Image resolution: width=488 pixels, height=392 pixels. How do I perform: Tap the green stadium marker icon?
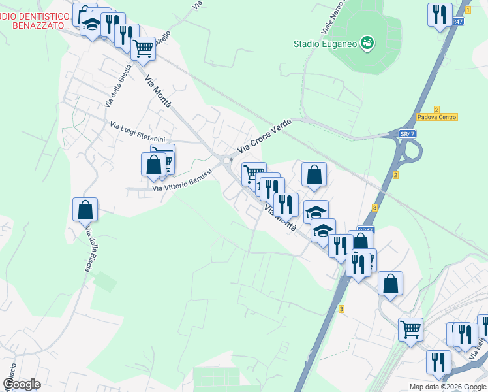[367, 43]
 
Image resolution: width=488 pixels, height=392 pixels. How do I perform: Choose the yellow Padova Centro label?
[436, 117]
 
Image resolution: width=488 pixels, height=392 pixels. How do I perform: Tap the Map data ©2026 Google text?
[447, 387]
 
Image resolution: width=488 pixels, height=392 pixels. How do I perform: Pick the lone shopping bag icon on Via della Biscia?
[85, 210]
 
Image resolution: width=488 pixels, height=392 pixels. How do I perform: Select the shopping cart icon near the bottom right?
[410, 330]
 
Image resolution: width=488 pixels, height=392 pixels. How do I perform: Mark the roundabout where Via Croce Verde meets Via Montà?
[227, 161]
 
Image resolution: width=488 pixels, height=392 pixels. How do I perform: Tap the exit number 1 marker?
[468, 10]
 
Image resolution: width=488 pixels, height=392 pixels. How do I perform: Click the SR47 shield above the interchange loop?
[407, 134]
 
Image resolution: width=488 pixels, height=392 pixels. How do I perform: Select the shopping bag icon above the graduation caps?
[314, 174]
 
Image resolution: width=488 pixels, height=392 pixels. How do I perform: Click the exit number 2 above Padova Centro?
[436, 109]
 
